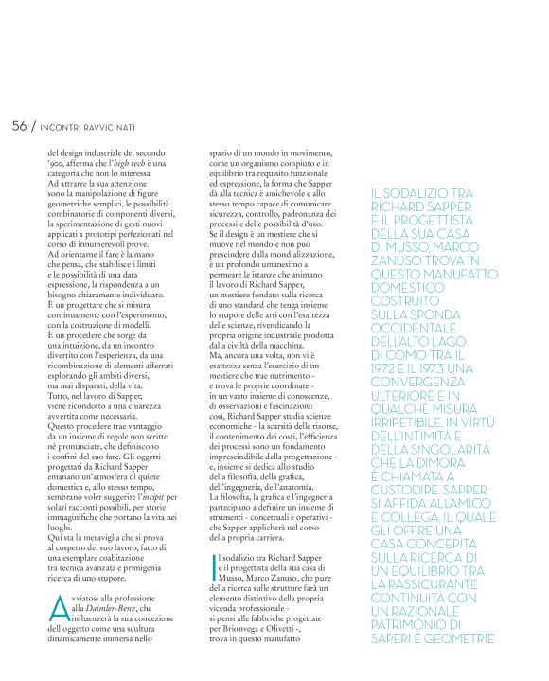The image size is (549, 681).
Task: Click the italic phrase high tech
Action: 127,167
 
